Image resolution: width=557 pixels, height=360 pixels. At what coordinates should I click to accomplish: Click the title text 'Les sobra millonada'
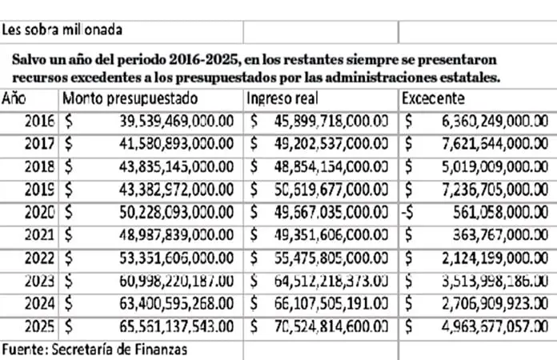click(x=62, y=31)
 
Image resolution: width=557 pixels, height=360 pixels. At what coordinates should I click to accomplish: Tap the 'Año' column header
click(x=15, y=99)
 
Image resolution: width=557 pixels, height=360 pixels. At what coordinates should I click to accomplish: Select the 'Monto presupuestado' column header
click(x=130, y=99)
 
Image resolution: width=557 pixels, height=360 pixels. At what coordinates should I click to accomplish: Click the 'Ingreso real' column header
click(x=283, y=99)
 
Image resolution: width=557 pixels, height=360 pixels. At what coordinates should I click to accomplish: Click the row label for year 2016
click(x=39, y=122)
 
